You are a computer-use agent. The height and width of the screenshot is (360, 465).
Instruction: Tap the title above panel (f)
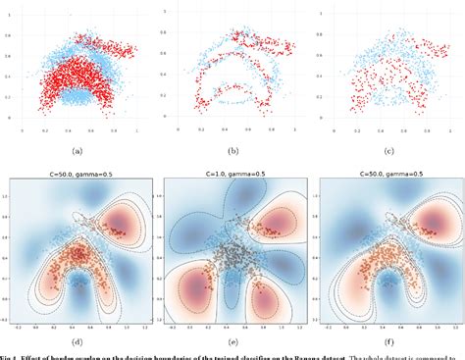click(x=389, y=172)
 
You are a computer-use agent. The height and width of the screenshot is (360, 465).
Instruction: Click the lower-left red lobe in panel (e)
click(x=195, y=294)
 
